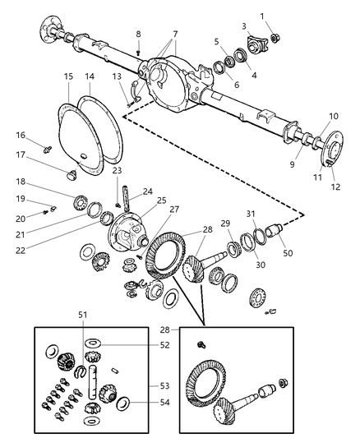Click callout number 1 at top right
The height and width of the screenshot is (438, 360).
(x=284, y=16)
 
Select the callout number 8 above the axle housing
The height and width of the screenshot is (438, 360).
(x=138, y=34)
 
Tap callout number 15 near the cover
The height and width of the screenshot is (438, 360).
(x=68, y=76)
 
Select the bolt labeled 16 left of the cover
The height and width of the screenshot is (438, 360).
(x=49, y=150)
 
